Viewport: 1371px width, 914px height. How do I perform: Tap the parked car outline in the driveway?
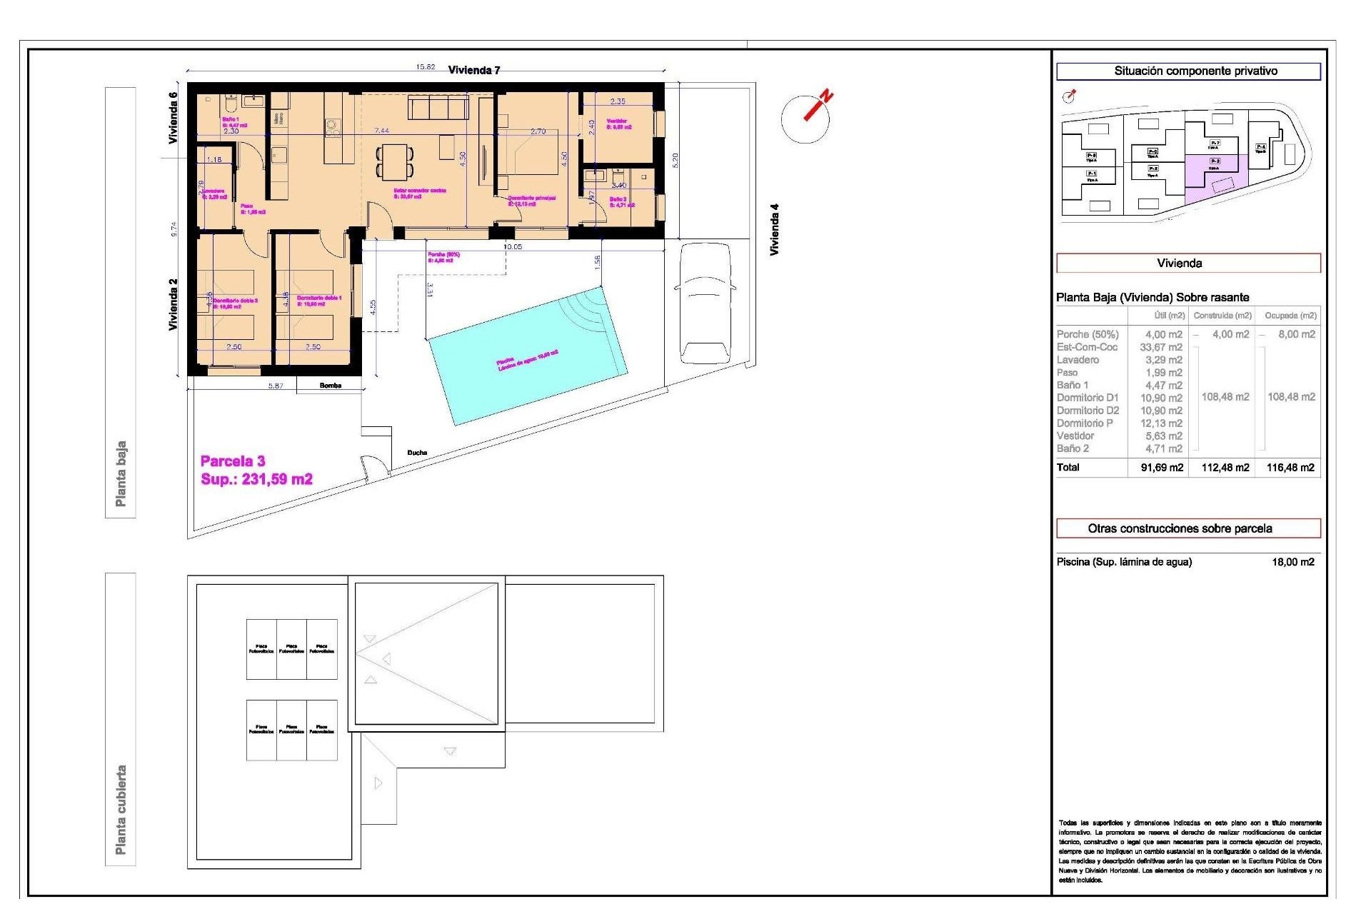click(x=705, y=303)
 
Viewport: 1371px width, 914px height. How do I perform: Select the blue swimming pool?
click(x=527, y=356)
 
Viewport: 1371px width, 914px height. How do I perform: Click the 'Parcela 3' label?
click(x=233, y=461)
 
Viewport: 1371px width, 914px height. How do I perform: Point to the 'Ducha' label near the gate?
click(x=417, y=453)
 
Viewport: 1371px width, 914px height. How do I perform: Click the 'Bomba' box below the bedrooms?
click(x=330, y=386)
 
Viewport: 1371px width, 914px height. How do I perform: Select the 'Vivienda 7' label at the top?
click(x=474, y=70)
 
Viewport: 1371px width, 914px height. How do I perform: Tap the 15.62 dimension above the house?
click(x=426, y=67)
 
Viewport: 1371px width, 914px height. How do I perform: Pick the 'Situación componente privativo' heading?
click(x=1188, y=71)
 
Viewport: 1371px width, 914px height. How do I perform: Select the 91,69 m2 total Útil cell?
click(x=1161, y=468)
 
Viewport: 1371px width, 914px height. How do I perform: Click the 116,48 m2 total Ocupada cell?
click(x=1290, y=468)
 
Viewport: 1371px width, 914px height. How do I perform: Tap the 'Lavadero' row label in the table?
click(x=1078, y=360)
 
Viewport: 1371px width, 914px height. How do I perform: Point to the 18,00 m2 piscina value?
click(x=1292, y=562)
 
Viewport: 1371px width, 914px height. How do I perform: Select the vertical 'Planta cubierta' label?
click(x=121, y=810)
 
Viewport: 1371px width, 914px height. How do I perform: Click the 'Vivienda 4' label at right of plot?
click(x=774, y=230)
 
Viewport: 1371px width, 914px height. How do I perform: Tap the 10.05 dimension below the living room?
click(x=513, y=247)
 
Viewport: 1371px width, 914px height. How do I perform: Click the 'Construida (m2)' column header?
click(x=1222, y=316)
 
